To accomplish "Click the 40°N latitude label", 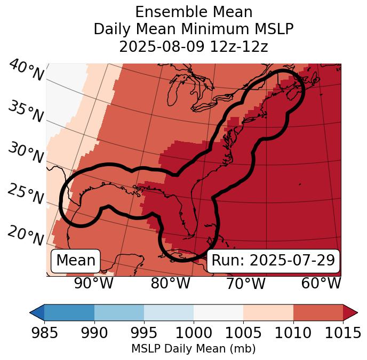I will pyautogui.click(x=26, y=71).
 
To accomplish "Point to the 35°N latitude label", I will pyautogui.click(x=26, y=112).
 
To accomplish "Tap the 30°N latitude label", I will pyautogui.click(x=26, y=153).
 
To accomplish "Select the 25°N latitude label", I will pyautogui.click(x=26, y=194).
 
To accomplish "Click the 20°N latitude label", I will pyautogui.click(x=26, y=235).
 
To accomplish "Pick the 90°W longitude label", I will pyautogui.click(x=94, y=284).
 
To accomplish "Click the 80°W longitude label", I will pyautogui.click(x=170, y=284).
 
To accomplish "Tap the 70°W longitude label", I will pyautogui.click(x=245, y=284).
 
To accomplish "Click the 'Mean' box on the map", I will pyautogui.click(x=76, y=261).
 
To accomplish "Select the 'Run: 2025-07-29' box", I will pyautogui.click(x=273, y=261).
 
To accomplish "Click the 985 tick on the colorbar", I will pyautogui.click(x=44, y=333).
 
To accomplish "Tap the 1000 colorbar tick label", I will pyautogui.click(x=194, y=333).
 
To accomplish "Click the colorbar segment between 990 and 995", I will pyautogui.click(x=119, y=312).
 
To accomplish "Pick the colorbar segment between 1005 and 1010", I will pyautogui.click(x=268, y=312).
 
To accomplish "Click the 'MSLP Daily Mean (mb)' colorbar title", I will pyautogui.click(x=193, y=349).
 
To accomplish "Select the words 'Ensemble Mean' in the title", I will pyautogui.click(x=194, y=12).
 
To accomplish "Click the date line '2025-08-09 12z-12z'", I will pyautogui.click(x=194, y=46).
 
